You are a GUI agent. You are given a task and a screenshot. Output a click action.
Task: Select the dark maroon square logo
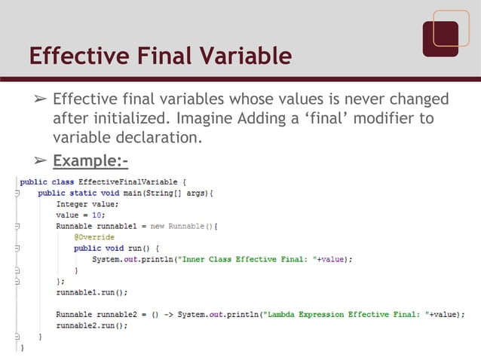point(440,38)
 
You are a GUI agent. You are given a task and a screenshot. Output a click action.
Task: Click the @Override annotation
point(94,236)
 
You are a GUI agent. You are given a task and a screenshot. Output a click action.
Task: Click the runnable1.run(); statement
point(91,291)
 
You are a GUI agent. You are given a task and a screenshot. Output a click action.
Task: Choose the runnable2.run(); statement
point(91,325)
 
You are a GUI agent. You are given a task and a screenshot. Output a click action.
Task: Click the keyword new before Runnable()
point(158,225)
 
